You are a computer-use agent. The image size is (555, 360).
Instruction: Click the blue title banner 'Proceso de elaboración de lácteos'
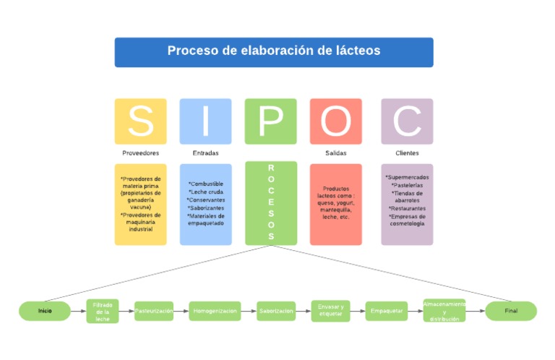(x=274, y=52)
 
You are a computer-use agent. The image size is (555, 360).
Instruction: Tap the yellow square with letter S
(x=140, y=121)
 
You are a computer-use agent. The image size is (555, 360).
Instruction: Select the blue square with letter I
(x=206, y=121)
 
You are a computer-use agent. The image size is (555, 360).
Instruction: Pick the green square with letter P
(x=271, y=121)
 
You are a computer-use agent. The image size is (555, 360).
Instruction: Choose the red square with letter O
(x=336, y=121)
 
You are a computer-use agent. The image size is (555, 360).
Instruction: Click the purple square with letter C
(x=407, y=121)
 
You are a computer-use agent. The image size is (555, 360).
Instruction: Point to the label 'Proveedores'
(x=140, y=153)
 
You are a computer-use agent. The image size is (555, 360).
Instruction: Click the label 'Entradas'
(x=206, y=153)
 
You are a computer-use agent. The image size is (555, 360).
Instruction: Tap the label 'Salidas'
(x=336, y=153)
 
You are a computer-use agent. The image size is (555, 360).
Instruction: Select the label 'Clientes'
(x=407, y=153)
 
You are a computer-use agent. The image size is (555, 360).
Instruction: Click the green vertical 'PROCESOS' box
(x=271, y=203)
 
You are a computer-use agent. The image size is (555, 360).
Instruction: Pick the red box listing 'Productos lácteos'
(x=336, y=204)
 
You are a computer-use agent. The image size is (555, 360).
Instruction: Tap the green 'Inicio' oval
(x=45, y=311)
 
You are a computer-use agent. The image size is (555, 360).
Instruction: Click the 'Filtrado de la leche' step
(x=103, y=311)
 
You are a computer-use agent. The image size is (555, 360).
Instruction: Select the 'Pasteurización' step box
(x=154, y=311)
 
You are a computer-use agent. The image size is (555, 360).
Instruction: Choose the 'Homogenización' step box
(x=215, y=311)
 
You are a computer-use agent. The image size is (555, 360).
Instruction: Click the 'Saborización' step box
(x=276, y=311)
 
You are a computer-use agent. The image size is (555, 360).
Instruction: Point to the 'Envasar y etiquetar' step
(x=331, y=311)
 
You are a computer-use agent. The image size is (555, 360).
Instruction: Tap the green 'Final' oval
(x=511, y=311)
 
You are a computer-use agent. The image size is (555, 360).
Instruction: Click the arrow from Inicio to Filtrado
(x=78, y=311)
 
